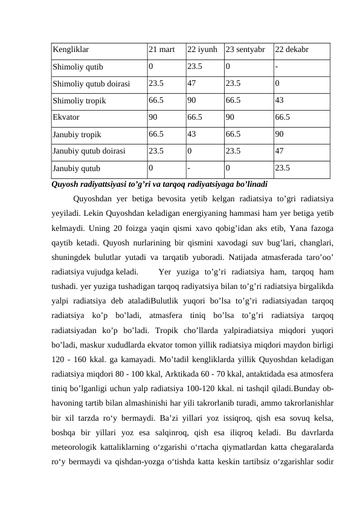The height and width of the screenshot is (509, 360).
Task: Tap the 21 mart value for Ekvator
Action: (153, 118)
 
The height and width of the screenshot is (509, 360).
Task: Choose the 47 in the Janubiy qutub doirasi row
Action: (279, 152)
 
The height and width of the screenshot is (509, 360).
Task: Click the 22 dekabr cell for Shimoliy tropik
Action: (279, 101)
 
